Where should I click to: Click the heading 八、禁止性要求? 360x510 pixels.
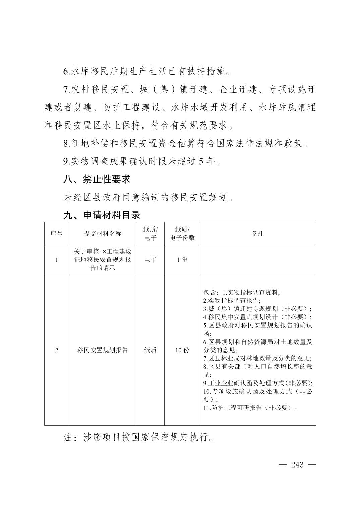pos(97,179)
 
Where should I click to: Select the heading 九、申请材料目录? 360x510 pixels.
pos(102,215)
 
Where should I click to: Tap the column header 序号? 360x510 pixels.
pos(56,234)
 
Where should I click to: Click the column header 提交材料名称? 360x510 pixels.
pos(102,234)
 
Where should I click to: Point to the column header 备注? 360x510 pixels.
pos(258,234)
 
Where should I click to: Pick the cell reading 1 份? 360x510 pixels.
pos(182,260)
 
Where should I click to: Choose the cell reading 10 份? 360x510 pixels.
pos(182,350)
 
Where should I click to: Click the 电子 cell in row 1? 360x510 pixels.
pos(150,260)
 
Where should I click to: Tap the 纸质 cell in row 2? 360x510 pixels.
pos(150,350)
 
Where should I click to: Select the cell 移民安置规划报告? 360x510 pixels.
pos(102,350)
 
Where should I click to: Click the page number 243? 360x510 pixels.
pos(297,465)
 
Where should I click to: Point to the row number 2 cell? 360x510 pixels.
pos(56,350)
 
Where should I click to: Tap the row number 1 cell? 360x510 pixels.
pos(56,260)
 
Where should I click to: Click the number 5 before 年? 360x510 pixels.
pos(201,162)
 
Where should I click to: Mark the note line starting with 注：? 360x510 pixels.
pos(139,438)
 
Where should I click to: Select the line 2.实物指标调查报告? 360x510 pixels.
pos(232,301)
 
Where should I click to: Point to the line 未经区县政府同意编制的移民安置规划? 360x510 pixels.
pos(148,197)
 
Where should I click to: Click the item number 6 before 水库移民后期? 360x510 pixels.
pos(66,71)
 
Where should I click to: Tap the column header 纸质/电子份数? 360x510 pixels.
pos(182,234)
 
